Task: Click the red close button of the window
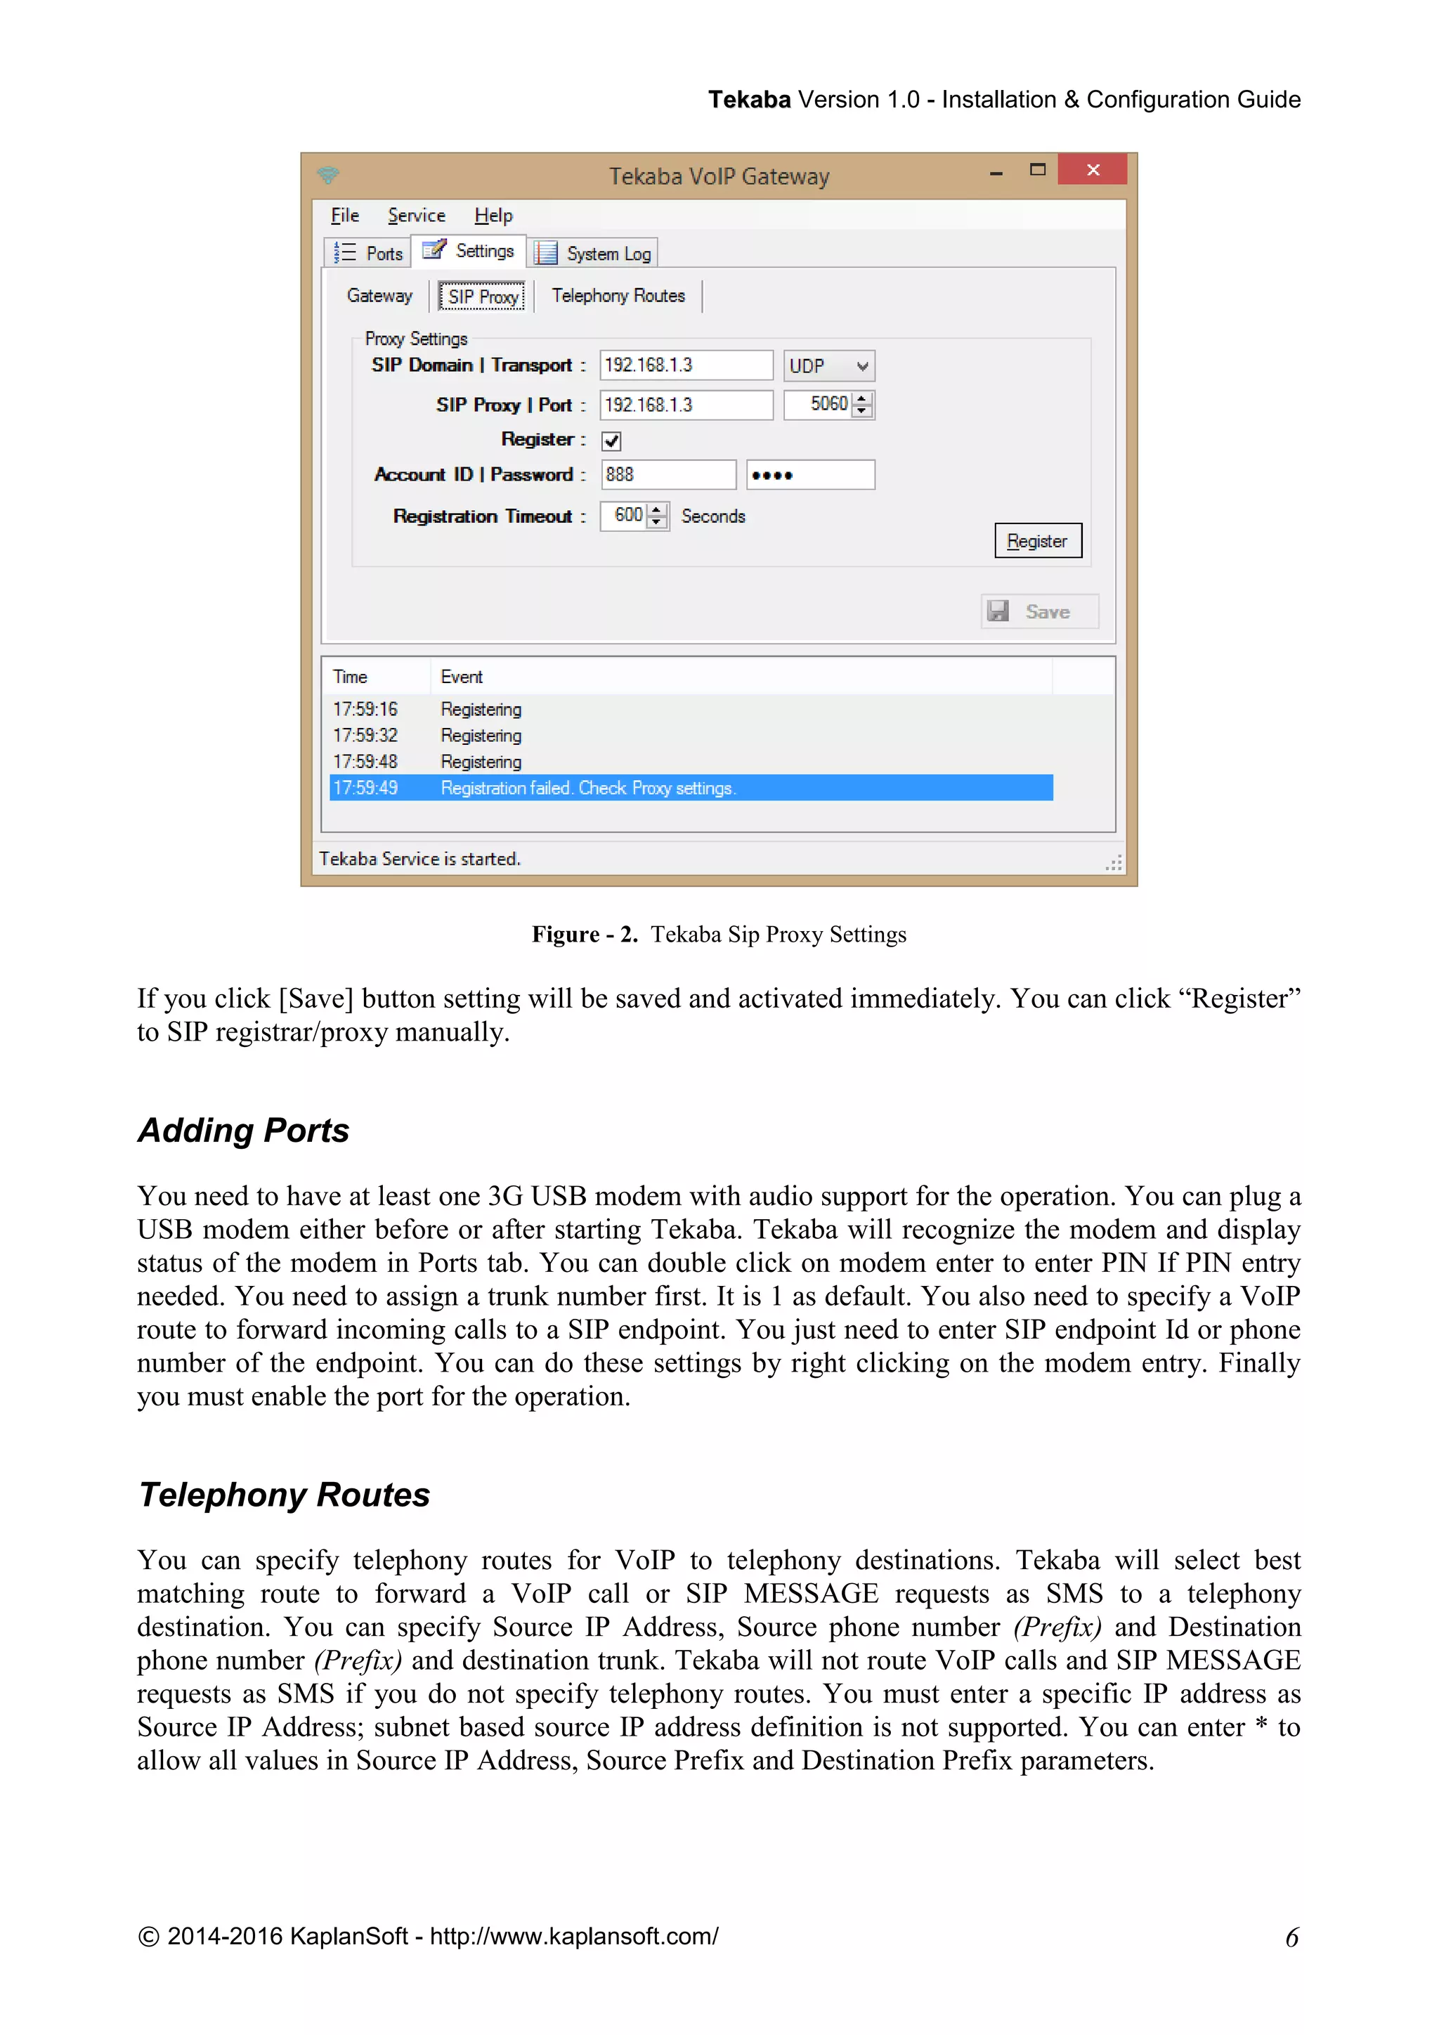(x=1092, y=169)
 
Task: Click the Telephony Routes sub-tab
(x=618, y=296)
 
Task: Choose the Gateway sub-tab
(x=379, y=296)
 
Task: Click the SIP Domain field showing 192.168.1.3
(x=685, y=365)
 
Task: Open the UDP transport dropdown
(x=828, y=366)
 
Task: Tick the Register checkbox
(x=611, y=441)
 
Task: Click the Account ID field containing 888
(x=668, y=474)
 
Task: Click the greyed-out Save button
(x=1038, y=611)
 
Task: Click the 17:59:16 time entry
(x=365, y=709)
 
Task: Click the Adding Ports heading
(x=244, y=1131)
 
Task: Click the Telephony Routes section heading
(x=285, y=1495)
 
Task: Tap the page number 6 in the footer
(x=1291, y=1937)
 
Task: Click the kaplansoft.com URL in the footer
(x=574, y=1937)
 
